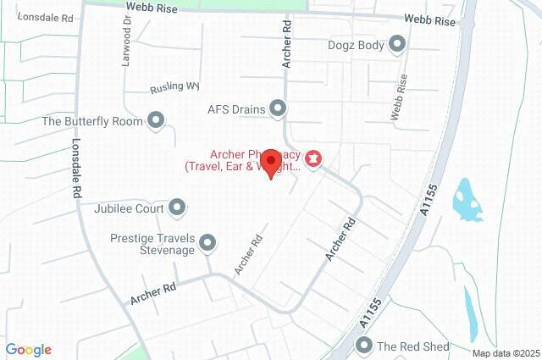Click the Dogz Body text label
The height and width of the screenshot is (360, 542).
[356, 45]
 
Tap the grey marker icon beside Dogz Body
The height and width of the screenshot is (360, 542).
[397, 45]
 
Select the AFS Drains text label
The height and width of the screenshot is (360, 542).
[237, 108]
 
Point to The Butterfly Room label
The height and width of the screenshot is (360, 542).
[93, 121]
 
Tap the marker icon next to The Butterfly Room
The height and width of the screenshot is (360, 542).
[155, 121]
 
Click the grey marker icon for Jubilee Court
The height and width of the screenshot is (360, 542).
[177, 207]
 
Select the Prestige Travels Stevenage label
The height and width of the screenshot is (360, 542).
[153, 244]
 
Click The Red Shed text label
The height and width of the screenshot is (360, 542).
[413, 346]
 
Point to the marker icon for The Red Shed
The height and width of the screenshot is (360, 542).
[365, 346]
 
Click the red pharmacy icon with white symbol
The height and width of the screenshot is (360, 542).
[314, 158]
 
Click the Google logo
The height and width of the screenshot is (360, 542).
[28, 350]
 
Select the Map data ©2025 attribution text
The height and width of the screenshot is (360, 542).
[506, 353]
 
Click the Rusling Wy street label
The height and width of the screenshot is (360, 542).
[174, 87]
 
